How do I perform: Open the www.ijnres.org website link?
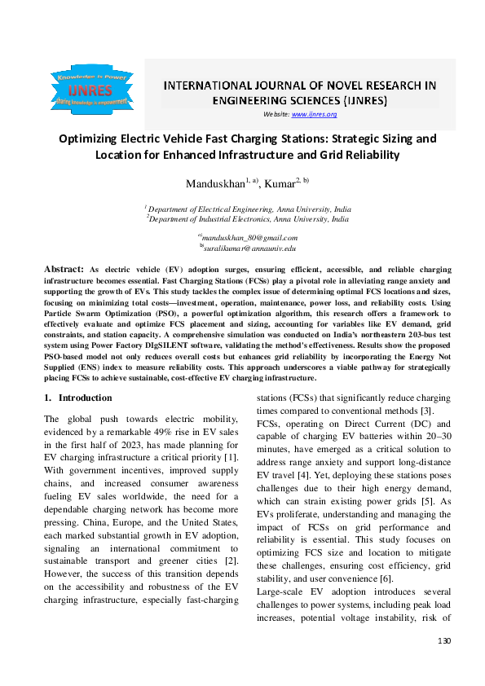(x=314, y=114)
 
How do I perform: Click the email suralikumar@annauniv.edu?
(x=247, y=246)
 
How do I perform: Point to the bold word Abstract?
(x=63, y=268)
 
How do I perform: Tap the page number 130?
(x=443, y=665)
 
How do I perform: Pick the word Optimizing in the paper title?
(x=90, y=138)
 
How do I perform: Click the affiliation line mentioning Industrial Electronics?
(x=248, y=219)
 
